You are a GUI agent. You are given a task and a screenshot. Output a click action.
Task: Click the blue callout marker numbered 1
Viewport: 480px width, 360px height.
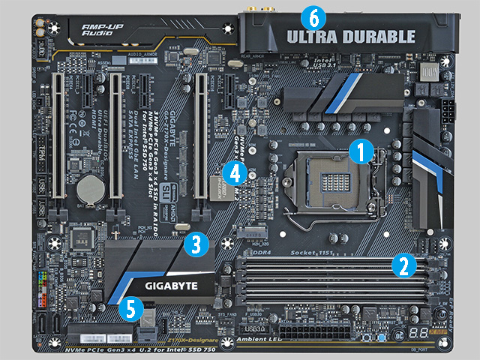point(360,151)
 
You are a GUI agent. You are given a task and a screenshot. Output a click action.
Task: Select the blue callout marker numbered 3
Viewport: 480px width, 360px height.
point(196,243)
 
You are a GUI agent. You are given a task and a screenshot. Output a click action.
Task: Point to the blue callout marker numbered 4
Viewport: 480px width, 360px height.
point(235,173)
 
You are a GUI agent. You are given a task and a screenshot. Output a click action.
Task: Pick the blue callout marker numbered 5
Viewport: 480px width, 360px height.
point(130,306)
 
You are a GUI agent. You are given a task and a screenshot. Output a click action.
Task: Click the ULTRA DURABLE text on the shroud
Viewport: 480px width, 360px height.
point(350,36)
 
